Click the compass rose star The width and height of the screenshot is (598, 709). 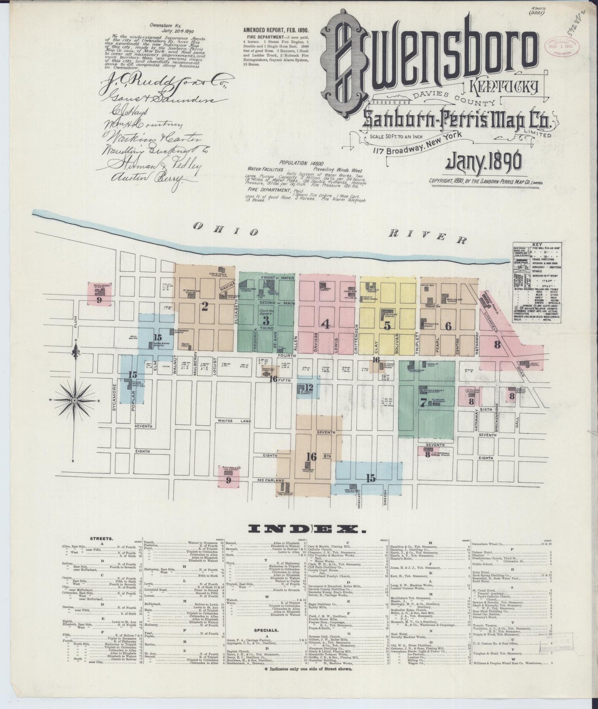(74, 400)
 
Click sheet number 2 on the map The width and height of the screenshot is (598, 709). (204, 306)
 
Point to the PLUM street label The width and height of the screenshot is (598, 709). (76, 320)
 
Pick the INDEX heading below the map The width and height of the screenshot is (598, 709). (302, 529)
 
